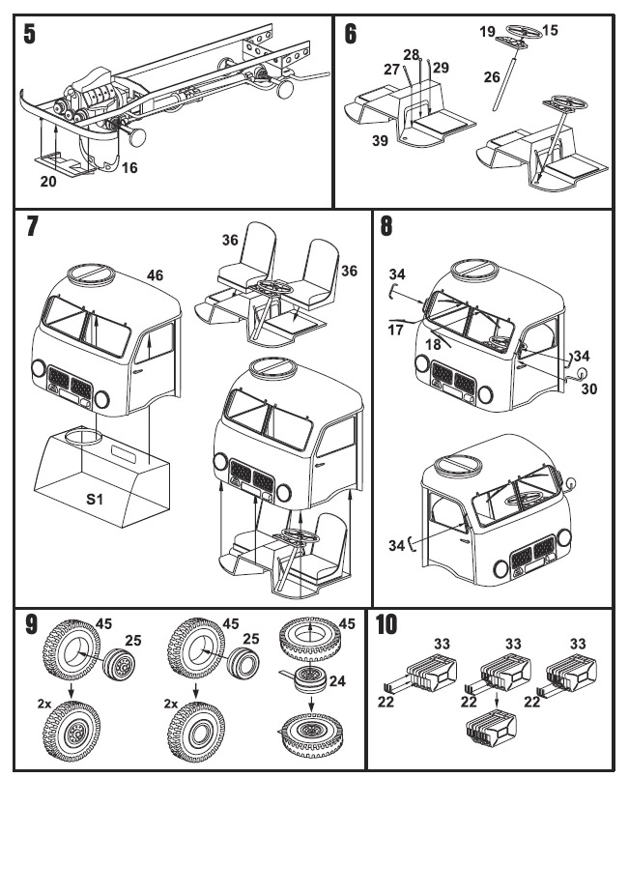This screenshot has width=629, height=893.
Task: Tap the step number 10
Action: pyautogui.click(x=386, y=624)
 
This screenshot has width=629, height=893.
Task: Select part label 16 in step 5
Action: pyautogui.click(x=129, y=168)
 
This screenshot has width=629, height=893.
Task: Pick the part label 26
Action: pyautogui.click(x=492, y=77)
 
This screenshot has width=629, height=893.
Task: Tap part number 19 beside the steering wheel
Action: pyautogui.click(x=488, y=32)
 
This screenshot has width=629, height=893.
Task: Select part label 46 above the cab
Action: pyautogui.click(x=156, y=275)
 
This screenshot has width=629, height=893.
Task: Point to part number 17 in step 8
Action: pyautogui.click(x=396, y=331)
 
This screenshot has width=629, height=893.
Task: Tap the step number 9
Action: pyautogui.click(x=31, y=624)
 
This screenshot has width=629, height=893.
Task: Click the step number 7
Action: pyautogui.click(x=32, y=226)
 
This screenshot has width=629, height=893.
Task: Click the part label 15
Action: pyautogui.click(x=550, y=31)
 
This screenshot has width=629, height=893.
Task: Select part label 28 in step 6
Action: pyautogui.click(x=413, y=55)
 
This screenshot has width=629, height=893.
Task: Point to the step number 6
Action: pyautogui.click(x=350, y=34)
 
